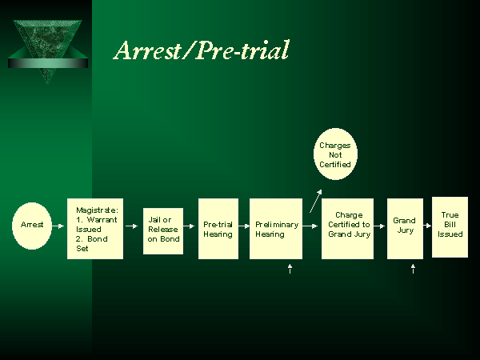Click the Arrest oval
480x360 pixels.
[33, 225]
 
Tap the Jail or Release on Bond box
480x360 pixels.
[163, 230]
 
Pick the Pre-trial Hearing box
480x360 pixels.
[218, 229]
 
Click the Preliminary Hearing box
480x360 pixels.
[276, 229]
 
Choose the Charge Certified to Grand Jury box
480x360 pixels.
[348, 229]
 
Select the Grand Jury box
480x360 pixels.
[405, 229]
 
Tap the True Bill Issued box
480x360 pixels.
[450, 226]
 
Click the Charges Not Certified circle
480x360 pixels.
[335, 154]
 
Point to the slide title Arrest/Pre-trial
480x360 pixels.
[201, 50]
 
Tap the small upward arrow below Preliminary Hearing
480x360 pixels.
[290, 270]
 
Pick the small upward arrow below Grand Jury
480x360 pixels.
[413, 270]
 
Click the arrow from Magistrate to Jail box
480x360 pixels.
[133, 226]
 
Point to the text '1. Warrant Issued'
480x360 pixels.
[94, 223]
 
